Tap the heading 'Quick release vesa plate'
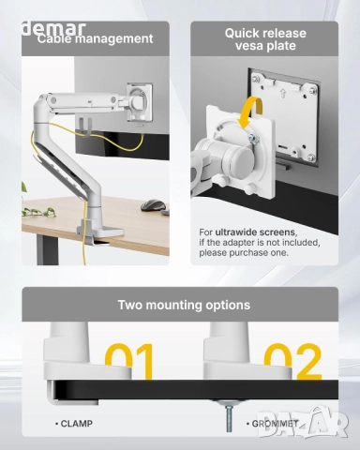(265, 39)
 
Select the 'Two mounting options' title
(183, 305)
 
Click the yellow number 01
(131, 361)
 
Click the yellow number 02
(292, 361)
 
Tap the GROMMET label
(275, 424)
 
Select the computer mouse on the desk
(149, 205)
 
